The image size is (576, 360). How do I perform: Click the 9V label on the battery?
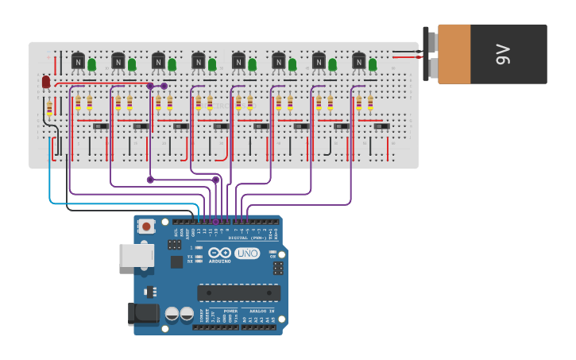coord(502,54)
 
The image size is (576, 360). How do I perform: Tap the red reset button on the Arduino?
coord(146,226)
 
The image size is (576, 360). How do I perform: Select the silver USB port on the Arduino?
coord(135,255)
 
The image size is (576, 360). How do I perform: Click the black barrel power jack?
coord(144,313)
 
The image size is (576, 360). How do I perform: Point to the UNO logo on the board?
coord(247,253)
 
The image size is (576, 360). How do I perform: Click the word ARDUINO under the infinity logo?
coord(220,261)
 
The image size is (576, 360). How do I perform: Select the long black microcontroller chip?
coord(238,292)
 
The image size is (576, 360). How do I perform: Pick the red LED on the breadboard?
coord(46,81)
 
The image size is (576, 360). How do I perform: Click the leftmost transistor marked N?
coord(78,60)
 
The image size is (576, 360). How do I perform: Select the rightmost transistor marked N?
coord(359,60)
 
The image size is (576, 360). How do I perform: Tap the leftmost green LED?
coord(92,64)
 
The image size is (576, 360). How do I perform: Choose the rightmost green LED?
coord(373,64)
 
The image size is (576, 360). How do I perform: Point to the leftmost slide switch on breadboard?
coord(101,126)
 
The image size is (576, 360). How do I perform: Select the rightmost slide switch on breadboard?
coord(381,126)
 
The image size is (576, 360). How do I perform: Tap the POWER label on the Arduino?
coord(230,311)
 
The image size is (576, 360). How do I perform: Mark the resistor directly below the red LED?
coord(49,108)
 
